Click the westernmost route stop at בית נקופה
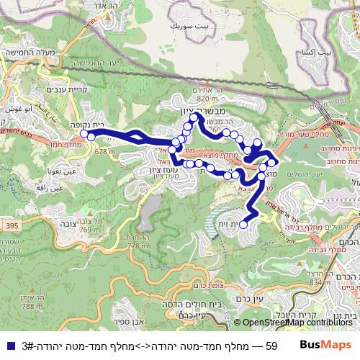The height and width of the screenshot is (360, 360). click(x=84, y=134)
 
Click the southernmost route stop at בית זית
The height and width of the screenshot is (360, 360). click(x=243, y=225)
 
